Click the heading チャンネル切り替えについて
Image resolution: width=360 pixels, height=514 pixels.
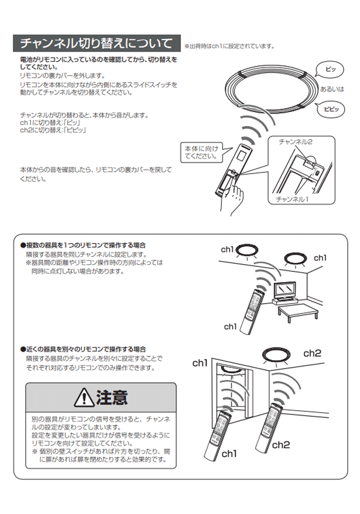click(x=96, y=43)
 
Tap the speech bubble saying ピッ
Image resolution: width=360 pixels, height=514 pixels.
click(x=331, y=69)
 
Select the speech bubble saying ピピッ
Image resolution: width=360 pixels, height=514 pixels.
click(x=331, y=109)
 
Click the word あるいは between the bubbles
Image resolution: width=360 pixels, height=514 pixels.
click(x=332, y=89)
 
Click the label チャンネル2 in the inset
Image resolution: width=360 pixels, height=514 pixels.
click(x=295, y=142)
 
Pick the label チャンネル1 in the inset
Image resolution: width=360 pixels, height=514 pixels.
click(x=292, y=199)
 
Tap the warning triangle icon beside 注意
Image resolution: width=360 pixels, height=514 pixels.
click(x=84, y=398)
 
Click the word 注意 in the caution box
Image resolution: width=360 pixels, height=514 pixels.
click(x=112, y=398)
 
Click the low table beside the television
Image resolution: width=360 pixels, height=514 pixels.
click(x=298, y=313)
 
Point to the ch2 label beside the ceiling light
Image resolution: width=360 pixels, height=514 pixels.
click(x=312, y=354)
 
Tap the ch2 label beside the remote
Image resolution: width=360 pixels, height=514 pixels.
click(x=281, y=445)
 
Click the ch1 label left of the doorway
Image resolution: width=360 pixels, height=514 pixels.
click(x=200, y=363)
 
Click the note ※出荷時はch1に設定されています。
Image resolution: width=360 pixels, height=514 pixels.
click(x=229, y=46)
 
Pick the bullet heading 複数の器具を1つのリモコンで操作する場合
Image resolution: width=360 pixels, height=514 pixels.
click(x=83, y=245)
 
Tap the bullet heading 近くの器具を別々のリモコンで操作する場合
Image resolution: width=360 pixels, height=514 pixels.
click(x=83, y=350)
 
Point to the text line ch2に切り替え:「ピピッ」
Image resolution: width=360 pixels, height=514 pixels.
click(x=53, y=131)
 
